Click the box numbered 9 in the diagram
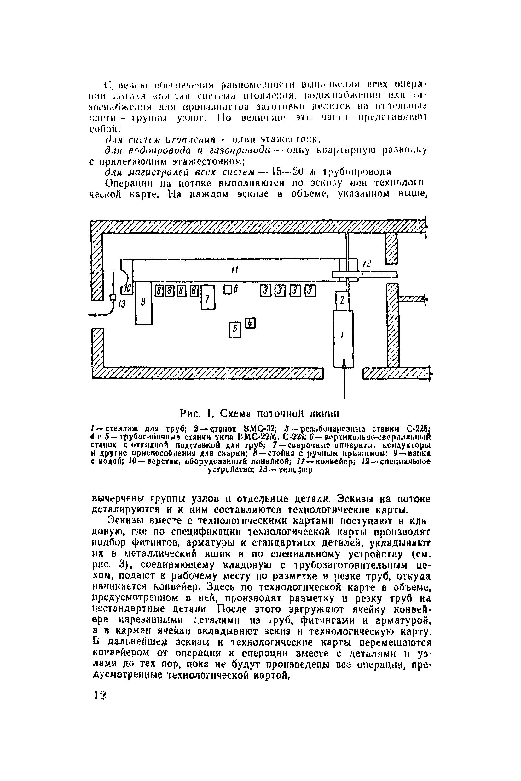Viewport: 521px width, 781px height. pos(143,303)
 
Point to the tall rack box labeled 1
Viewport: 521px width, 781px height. pos(343,338)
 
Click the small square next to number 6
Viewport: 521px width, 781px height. pos(228,290)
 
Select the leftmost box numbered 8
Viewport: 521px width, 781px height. pos(159,291)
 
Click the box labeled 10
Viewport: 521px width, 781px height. pos(128,290)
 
